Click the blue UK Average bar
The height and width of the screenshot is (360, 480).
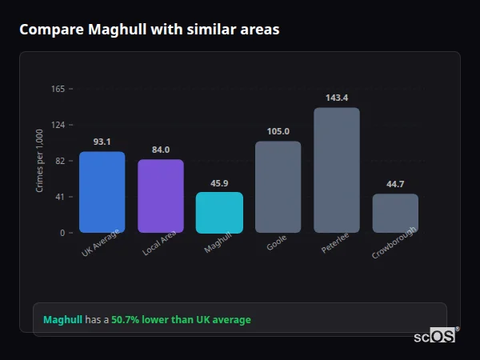[102, 192]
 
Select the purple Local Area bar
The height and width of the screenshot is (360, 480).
[161, 196]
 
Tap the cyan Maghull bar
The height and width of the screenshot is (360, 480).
[219, 212]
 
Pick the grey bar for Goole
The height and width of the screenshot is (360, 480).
[278, 187]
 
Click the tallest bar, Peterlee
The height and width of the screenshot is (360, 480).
[337, 170]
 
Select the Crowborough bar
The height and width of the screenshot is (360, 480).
[395, 213]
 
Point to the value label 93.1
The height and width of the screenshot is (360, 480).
[102, 142]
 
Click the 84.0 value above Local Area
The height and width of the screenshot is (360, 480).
[161, 150]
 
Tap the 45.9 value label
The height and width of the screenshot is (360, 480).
[219, 183]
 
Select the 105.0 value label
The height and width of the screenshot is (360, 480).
[278, 131]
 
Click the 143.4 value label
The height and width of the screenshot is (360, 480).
[337, 98]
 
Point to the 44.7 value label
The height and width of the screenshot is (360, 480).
[395, 184]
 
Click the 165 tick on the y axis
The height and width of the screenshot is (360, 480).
[58, 89]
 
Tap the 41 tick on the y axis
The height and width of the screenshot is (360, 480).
[60, 197]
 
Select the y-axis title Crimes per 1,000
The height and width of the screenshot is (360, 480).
[40, 161]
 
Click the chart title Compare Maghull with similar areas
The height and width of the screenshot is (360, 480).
[150, 30]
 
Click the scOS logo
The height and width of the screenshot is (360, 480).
[434, 336]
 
